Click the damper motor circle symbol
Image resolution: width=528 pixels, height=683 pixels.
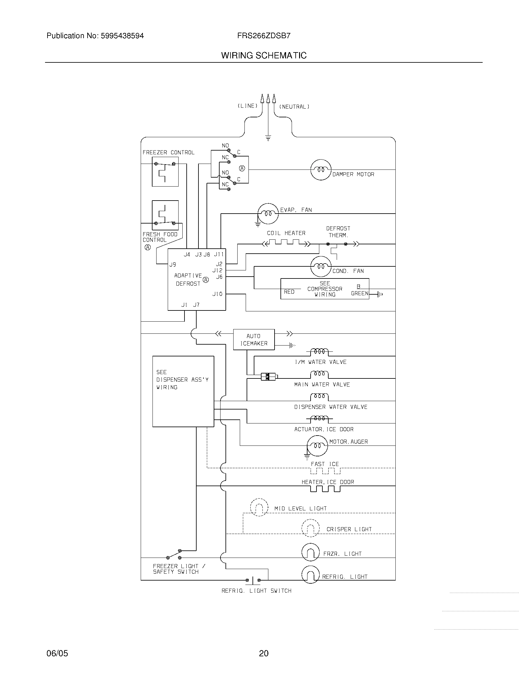click(x=321, y=170)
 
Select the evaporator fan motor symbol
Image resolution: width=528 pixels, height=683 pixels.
click(x=268, y=214)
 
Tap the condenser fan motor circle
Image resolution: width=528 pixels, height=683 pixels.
click(x=321, y=266)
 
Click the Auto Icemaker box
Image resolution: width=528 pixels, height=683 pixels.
click(x=254, y=339)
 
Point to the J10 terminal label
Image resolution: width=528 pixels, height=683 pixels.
click(x=217, y=294)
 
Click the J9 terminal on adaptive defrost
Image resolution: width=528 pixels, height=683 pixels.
click(x=173, y=265)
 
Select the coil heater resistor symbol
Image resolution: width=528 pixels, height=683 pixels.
click(x=286, y=243)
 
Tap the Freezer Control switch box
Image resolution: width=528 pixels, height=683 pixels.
click(x=165, y=172)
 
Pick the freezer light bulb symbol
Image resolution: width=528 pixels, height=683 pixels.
click(x=310, y=552)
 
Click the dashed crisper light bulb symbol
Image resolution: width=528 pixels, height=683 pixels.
click(x=310, y=528)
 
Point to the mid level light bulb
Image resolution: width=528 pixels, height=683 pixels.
click(x=259, y=507)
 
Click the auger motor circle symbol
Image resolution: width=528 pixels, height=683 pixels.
click(x=317, y=446)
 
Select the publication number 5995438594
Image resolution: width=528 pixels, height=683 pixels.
click(x=122, y=36)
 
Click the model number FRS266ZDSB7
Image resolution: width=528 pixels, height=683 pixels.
click(x=264, y=36)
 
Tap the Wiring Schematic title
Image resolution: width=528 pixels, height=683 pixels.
click(x=264, y=56)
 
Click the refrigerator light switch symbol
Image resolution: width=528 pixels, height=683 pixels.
click(x=253, y=581)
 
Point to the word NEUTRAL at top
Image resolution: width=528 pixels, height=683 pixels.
click(x=294, y=106)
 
